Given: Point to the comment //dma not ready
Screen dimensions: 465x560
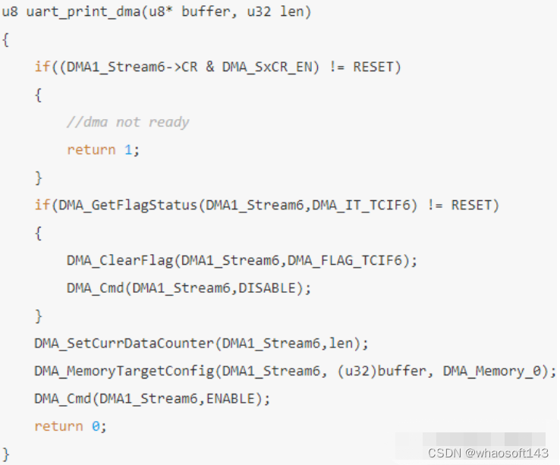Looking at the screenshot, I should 127,122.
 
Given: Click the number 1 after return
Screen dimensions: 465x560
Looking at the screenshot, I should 127,149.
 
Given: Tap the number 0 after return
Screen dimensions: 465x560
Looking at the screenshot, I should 95,426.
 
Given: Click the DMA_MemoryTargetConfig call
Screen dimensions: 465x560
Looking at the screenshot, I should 121,371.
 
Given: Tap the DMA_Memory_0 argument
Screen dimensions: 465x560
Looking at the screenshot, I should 496,371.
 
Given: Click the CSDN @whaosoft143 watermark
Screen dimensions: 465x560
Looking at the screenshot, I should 488,452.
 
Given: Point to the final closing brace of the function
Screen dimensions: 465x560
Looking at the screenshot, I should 6,454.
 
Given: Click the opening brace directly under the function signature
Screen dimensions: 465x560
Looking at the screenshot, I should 6,39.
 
